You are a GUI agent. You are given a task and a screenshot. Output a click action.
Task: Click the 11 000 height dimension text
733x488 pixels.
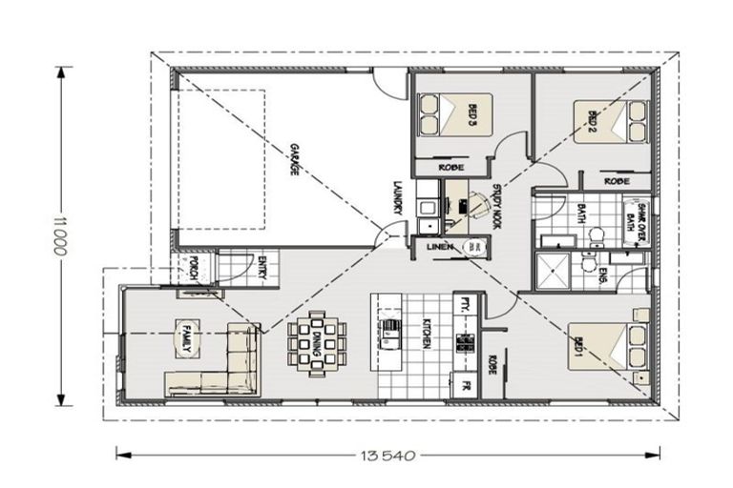[61, 236]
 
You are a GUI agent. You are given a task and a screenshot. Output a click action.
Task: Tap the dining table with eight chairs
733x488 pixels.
[315, 340]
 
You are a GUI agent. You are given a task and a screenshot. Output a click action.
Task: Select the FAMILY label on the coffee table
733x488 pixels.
[185, 336]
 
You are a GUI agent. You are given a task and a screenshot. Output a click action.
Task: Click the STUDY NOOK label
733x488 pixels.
[496, 205]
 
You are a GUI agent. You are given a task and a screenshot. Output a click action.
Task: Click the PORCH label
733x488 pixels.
[194, 267]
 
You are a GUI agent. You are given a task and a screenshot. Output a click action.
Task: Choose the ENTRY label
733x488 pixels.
[263, 266]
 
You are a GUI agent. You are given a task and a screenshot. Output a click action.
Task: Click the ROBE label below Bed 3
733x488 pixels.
[450, 167]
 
